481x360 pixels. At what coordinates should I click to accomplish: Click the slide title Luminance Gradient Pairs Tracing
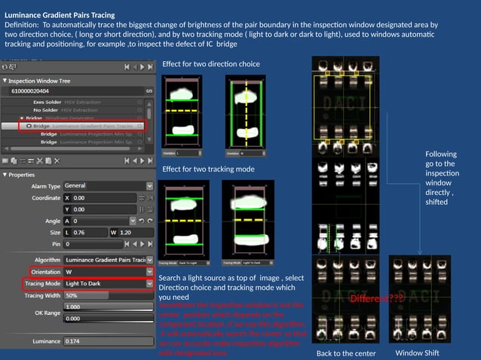pos(60,14)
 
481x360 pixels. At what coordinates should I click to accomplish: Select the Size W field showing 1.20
pos(128,233)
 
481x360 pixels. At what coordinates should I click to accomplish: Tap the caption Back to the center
pos(345,353)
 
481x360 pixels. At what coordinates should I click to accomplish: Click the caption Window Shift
pos(417,352)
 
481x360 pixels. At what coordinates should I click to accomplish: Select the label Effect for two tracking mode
pos(208,169)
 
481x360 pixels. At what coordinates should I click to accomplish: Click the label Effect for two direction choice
pos(210,64)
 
